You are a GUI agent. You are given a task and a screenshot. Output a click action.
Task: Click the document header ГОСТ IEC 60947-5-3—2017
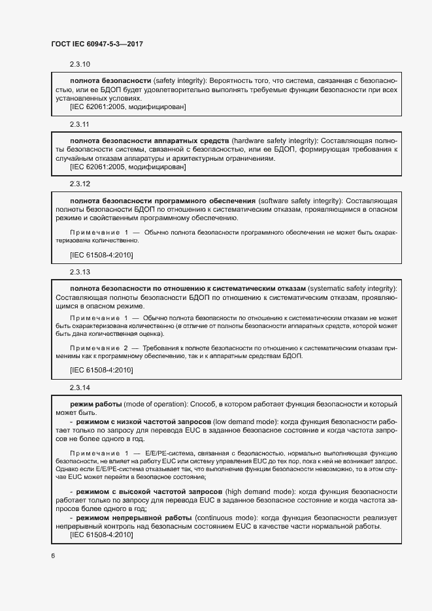(97, 44)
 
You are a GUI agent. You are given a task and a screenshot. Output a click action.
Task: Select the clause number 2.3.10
(79, 64)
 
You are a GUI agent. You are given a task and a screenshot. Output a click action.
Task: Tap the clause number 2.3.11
(79, 124)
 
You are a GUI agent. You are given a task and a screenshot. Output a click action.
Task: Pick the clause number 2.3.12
(79, 184)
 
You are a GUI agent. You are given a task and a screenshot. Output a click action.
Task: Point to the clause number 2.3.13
(79, 271)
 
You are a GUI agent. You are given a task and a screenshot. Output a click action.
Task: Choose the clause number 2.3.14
(79, 388)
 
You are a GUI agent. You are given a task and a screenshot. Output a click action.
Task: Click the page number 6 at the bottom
(53, 556)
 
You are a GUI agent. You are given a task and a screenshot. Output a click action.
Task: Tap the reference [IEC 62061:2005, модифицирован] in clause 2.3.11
(128, 167)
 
